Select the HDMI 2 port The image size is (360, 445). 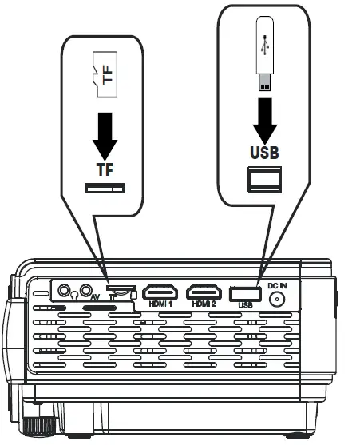[204, 292]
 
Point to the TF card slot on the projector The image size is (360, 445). [121, 290]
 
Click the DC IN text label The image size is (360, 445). [277, 285]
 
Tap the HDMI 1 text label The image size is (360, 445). [161, 305]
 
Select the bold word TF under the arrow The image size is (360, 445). [105, 169]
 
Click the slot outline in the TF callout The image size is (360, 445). [105, 188]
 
